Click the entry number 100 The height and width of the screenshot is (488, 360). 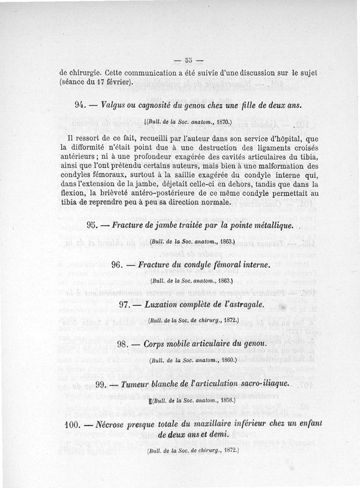pyautogui.click(x=72, y=425)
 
